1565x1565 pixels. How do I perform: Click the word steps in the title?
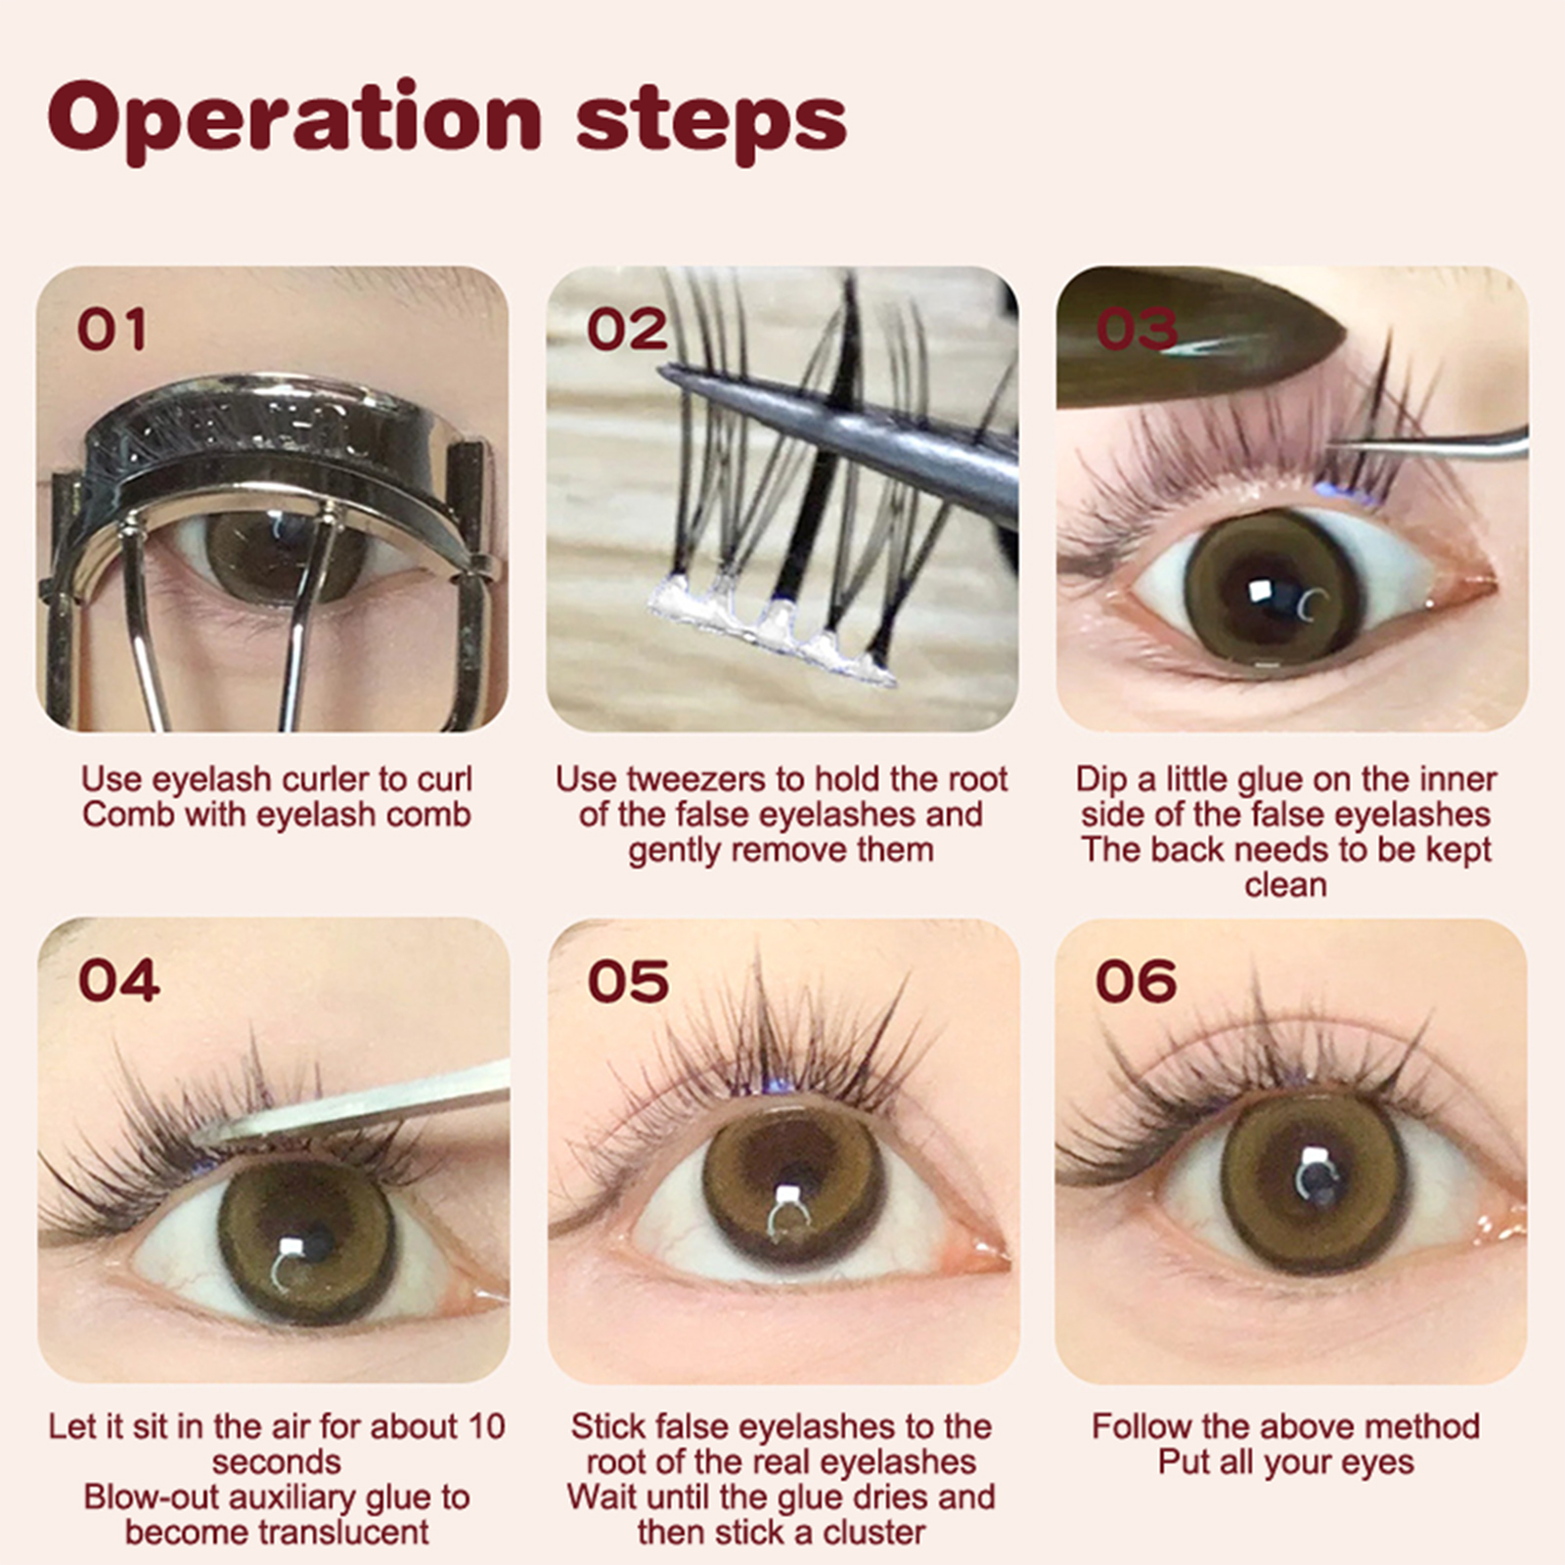[x=711, y=121]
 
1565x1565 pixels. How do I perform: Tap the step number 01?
[x=112, y=329]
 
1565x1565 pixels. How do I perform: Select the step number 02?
[x=627, y=329]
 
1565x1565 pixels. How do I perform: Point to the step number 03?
[x=1137, y=329]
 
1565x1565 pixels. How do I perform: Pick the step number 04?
[x=118, y=980]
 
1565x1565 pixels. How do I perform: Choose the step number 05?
[x=628, y=980]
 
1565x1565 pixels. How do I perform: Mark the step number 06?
[x=1137, y=980]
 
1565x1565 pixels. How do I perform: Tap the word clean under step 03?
[x=1285, y=885]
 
